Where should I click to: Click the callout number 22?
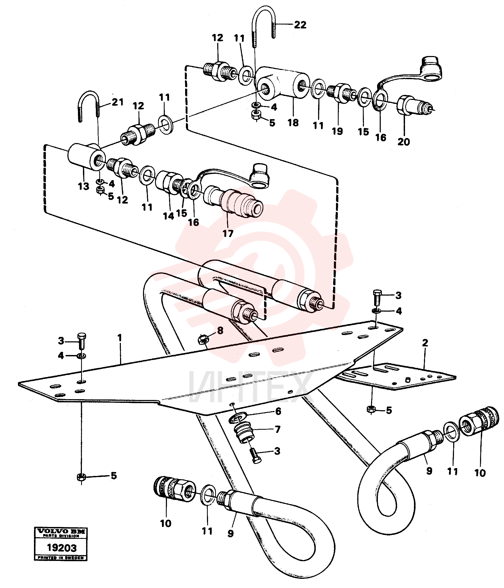coord(300,25)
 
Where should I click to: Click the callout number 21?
coord(117,102)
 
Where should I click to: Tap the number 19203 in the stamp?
coord(61,548)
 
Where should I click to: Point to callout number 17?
coord(228,234)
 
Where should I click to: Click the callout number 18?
coord(293,123)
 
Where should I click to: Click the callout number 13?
coord(83,186)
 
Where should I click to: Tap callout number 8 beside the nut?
coord(220,331)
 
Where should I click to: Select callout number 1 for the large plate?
coord(120,338)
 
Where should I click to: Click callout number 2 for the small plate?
coord(425,343)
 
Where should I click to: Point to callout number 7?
coord(277,429)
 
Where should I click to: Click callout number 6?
coord(278,411)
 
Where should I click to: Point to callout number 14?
coord(168,216)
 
